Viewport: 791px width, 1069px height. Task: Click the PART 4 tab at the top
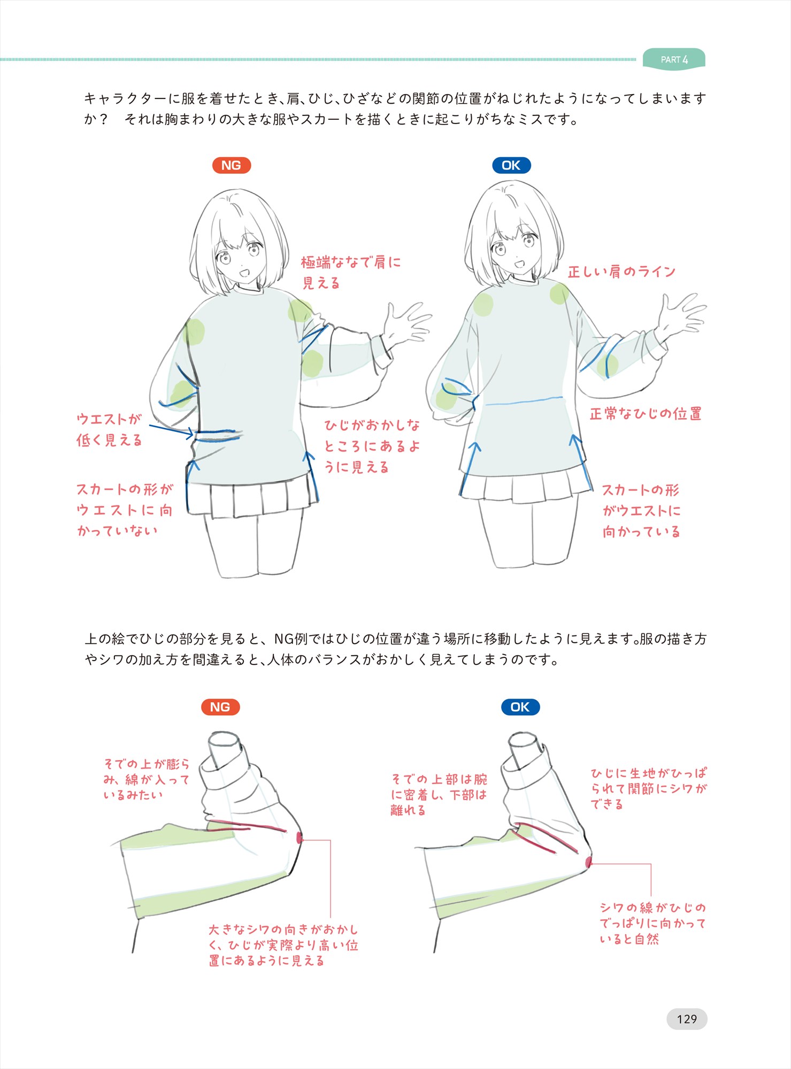pos(674,59)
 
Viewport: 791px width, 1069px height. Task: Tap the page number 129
pos(687,1019)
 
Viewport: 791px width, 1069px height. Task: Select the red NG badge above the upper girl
pos(232,165)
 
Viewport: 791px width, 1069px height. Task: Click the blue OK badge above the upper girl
pos(511,165)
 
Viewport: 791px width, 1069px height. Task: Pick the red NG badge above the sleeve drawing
pos(220,707)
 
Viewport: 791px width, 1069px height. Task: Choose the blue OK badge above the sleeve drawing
pos(520,707)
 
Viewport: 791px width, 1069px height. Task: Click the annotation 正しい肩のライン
pos(621,272)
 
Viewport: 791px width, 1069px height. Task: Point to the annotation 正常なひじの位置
pos(646,414)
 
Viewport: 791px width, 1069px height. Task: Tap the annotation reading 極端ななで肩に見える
pos(351,273)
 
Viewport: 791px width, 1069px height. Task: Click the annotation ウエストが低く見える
pos(109,430)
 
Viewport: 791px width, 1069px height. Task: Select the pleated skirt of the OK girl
pos(526,485)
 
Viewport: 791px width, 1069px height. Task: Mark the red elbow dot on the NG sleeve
pos(299,838)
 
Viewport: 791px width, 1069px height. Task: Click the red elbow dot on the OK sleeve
pos(588,862)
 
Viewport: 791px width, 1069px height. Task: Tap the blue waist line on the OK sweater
pos(524,401)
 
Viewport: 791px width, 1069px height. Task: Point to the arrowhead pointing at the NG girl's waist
pos(189,433)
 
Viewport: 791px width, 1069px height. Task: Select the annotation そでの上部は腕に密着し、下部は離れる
pos(439,795)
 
